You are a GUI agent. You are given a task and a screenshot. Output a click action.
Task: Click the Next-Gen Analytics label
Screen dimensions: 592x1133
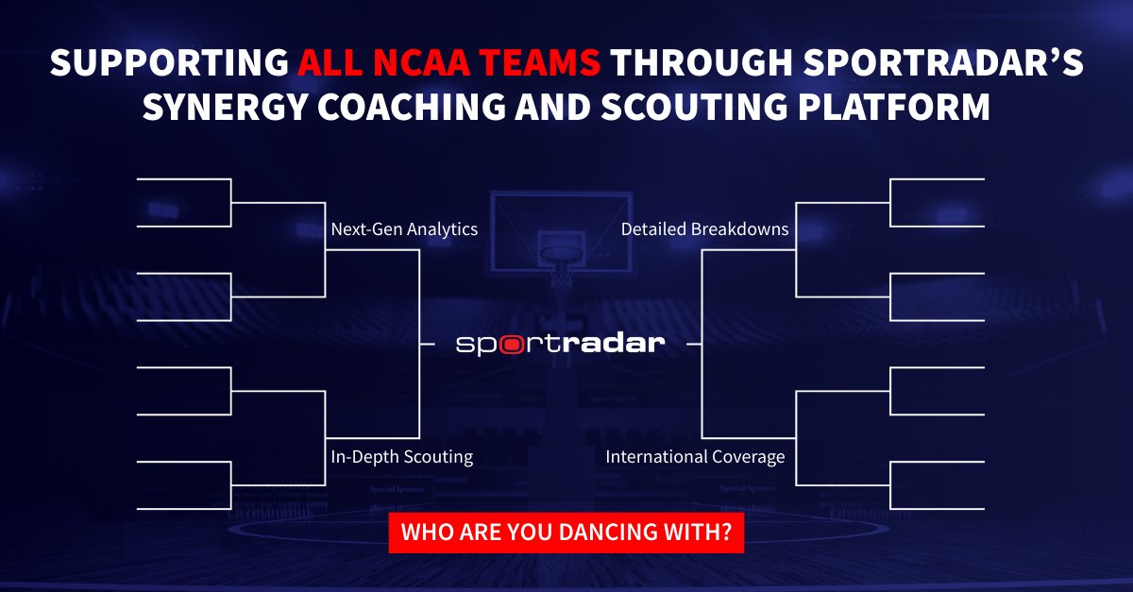coord(404,229)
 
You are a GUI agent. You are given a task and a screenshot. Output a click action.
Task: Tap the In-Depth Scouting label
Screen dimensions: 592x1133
coord(401,457)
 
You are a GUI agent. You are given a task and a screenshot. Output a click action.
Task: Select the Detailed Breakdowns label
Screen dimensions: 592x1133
coord(704,229)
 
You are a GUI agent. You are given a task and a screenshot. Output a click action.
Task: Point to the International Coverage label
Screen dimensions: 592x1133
coord(695,457)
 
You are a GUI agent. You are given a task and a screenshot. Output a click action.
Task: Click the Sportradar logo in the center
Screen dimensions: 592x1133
coord(560,344)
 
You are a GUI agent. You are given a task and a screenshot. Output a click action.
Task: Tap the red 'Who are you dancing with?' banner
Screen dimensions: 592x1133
coord(566,533)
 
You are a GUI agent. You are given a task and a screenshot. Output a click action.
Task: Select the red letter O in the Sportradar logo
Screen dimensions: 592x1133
coord(511,345)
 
